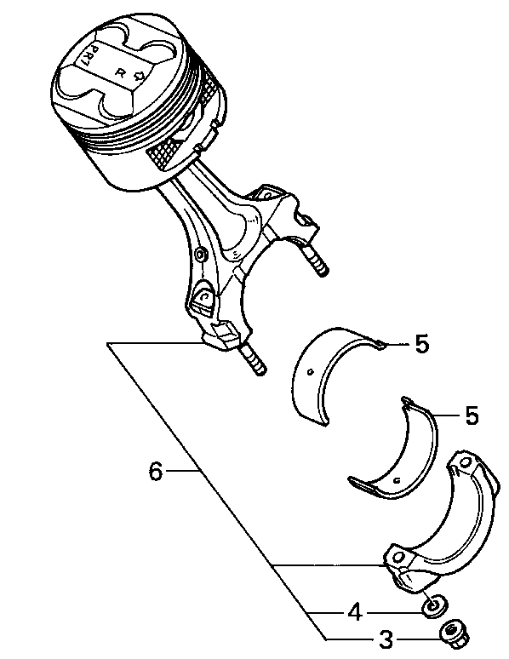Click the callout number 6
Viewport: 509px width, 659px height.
coord(156,471)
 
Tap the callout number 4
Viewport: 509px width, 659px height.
coord(355,612)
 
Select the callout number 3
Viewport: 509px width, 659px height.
coord(386,639)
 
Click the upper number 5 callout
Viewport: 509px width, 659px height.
coord(421,344)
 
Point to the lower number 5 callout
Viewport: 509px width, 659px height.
coord(472,415)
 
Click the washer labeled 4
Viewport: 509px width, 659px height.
coord(434,606)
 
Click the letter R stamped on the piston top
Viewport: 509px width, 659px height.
coord(120,73)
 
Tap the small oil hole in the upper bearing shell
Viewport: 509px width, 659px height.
coord(310,371)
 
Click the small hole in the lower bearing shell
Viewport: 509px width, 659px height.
coord(397,479)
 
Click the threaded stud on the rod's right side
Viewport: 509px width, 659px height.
coord(314,261)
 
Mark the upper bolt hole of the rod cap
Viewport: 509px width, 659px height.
coord(466,462)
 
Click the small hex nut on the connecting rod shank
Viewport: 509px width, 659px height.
coord(201,254)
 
